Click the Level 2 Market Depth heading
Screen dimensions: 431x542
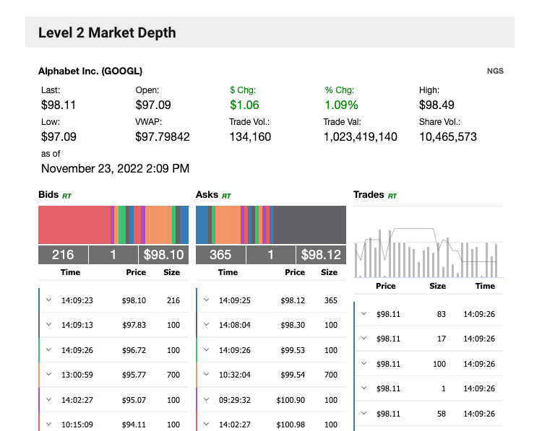point(107,32)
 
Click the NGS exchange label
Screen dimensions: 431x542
point(495,71)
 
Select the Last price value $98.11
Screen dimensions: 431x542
point(59,105)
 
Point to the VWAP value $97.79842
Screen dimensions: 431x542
point(163,136)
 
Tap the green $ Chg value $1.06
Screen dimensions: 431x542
point(244,105)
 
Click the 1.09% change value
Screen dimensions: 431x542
point(341,105)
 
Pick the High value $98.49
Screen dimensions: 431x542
point(436,105)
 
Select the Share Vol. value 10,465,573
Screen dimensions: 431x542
point(448,136)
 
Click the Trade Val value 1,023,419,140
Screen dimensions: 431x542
point(360,136)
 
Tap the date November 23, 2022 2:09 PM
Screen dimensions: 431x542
point(115,168)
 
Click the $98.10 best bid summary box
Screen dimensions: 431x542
point(163,255)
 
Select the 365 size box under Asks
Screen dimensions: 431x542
point(220,255)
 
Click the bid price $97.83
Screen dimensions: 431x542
point(134,325)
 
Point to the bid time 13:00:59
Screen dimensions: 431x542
point(77,375)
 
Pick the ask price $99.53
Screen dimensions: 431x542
point(291,350)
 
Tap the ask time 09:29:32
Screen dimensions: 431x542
point(235,399)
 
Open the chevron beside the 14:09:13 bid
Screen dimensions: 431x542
point(49,325)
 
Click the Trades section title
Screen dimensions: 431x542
point(369,195)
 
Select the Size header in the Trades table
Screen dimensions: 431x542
point(438,286)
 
